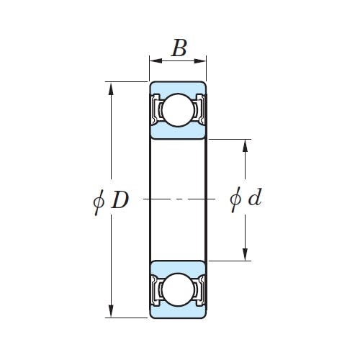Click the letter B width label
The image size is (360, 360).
(x=179, y=48)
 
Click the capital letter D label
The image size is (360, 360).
(x=120, y=200)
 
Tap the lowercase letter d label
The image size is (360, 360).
(x=255, y=197)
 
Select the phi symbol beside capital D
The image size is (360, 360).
(x=99, y=202)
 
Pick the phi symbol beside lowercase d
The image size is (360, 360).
(x=235, y=199)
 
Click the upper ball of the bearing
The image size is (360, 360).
(x=178, y=109)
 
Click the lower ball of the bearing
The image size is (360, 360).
(x=178, y=290)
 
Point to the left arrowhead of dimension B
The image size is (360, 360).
(x=156, y=61)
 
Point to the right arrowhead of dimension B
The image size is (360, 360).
(x=200, y=61)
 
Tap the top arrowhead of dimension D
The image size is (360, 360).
(x=111, y=89)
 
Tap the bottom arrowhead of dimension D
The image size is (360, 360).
(x=111, y=310)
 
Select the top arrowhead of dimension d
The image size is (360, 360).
(x=245, y=145)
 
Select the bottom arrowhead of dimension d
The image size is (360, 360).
(x=245, y=254)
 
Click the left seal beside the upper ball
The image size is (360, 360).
(x=156, y=109)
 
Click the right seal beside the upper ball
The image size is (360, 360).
(x=200, y=109)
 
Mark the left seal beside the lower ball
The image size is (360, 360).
(x=156, y=290)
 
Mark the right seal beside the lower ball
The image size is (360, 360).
(x=200, y=290)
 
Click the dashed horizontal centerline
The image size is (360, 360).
(x=179, y=199)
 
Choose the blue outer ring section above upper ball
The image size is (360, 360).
(x=178, y=88)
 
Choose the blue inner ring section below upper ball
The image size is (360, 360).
(x=178, y=132)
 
